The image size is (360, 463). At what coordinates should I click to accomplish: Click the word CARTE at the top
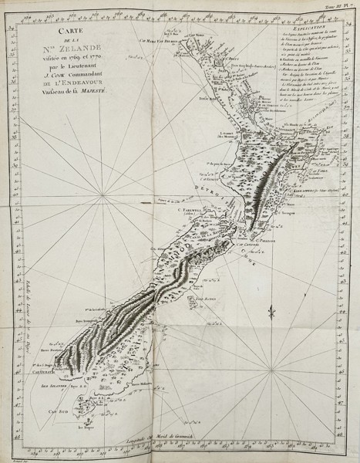pos(72,28)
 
